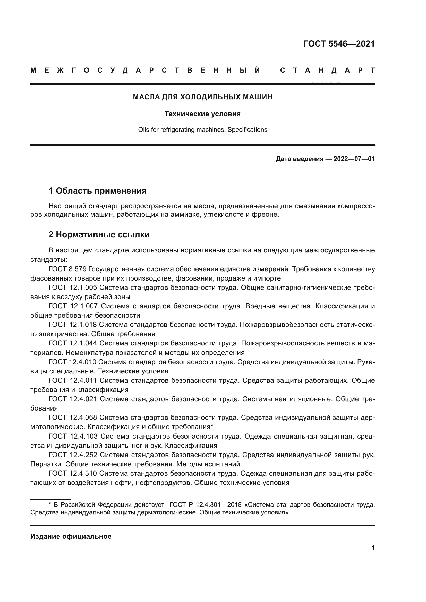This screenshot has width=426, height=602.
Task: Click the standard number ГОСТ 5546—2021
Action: coord(339,44)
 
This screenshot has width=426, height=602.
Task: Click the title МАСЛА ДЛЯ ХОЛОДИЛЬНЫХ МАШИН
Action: coord(202,97)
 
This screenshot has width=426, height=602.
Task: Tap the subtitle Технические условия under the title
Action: coord(202,114)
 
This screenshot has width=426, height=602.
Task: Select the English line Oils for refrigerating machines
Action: coord(202,130)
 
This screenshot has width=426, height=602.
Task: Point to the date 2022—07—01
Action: coord(354,159)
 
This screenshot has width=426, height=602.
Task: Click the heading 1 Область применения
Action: coord(97,191)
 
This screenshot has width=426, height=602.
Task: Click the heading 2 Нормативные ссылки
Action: coord(99,234)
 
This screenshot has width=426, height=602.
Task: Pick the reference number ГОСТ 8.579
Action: coord(68,269)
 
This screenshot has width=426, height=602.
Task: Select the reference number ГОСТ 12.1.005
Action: coord(73,288)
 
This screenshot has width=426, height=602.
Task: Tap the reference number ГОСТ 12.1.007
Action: coord(73,306)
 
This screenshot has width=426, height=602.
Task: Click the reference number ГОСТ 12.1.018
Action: coord(73,325)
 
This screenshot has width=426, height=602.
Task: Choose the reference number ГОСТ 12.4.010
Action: coord(73,362)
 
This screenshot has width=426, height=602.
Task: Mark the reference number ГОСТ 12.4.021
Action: coord(73,399)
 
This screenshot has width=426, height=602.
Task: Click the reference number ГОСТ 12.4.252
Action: coord(73,455)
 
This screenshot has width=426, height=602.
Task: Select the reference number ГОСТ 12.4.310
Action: coord(73,474)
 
